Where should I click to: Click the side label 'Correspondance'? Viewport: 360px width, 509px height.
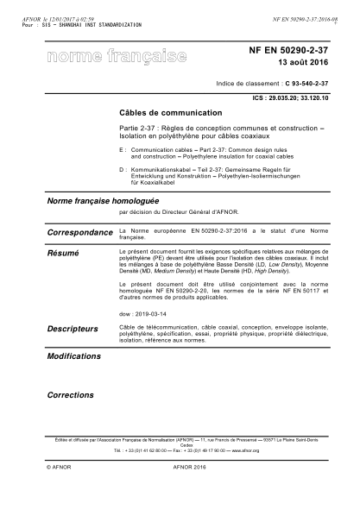click(79, 233)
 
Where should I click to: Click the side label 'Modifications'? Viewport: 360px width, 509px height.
click(73, 355)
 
